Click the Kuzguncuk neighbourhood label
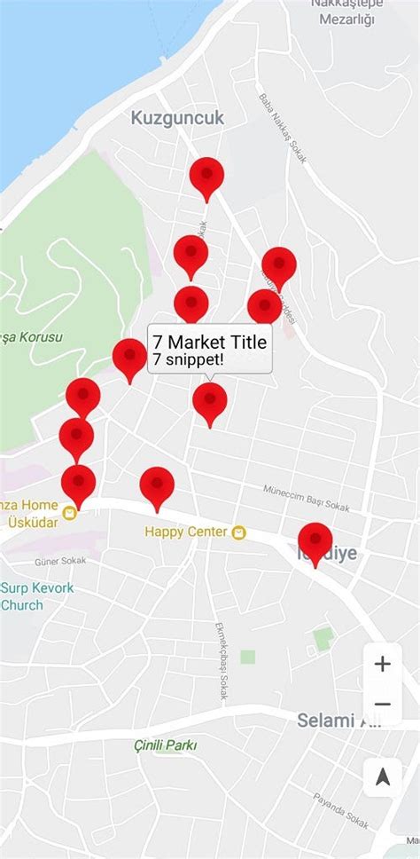click(x=177, y=118)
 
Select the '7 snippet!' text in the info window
click(x=188, y=359)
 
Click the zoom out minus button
click(x=382, y=705)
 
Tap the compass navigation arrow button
click(x=383, y=777)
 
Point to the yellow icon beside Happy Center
click(x=238, y=532)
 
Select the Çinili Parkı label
click(x=165, y=745)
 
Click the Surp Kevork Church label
click(x=35, y=596)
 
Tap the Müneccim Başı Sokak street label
click(x=306, y=499)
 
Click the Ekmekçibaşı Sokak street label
click(x=221, y=661)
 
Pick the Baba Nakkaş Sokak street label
click(x=282, y=129)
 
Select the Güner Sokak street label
click(x=59, y=562)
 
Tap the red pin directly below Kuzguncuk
click(x=206, y=177)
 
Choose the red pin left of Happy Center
click(x=157, y=487)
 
